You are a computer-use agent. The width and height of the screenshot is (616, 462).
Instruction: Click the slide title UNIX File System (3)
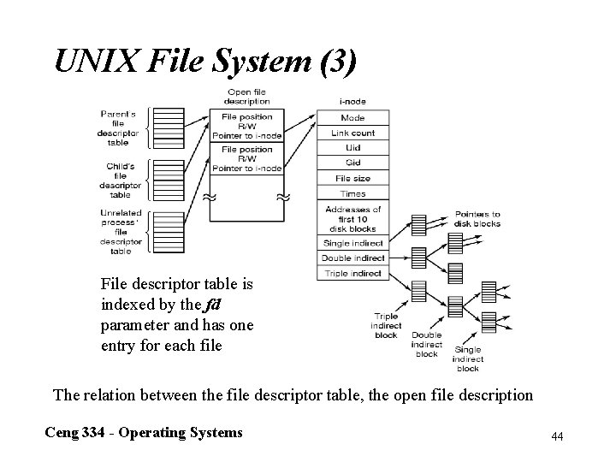[205, 61]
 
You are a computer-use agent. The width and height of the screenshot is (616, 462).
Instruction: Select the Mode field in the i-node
[352, 117]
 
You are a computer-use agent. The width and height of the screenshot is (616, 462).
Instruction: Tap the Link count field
[352, 133]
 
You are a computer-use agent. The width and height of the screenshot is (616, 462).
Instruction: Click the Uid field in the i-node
[352, 147]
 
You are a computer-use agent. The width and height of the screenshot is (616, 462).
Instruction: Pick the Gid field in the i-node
[352, 163]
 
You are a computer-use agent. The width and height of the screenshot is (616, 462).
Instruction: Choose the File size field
[352, 178]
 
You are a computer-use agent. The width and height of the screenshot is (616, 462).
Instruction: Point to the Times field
[352, 194]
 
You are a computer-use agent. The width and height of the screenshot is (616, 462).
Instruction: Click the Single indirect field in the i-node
[352, 243]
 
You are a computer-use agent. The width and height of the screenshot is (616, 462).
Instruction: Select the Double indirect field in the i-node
[352, 258]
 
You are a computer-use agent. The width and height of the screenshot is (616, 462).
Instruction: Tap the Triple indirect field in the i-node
[352, 273]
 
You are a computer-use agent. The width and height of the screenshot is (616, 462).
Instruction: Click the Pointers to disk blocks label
[477, 218]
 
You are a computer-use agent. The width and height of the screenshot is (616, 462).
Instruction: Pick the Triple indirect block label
[386, 326]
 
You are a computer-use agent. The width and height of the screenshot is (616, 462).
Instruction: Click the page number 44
[557, 436]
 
